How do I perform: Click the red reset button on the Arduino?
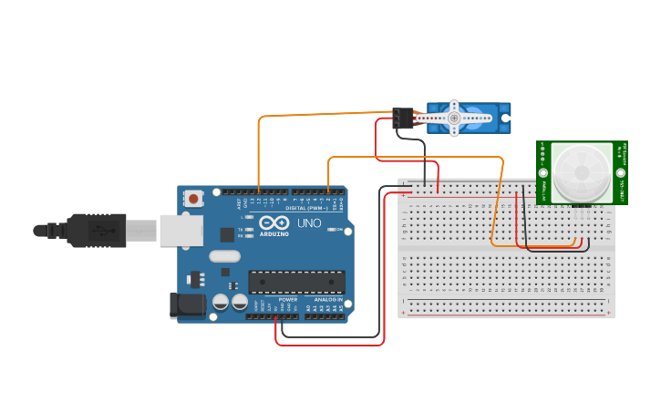tap(193, 198)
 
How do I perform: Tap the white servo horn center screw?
tap(454, 117)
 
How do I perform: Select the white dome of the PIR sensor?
tap(582, 172)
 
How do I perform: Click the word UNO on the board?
tap(310, 223)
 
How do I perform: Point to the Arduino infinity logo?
tap(274, 222)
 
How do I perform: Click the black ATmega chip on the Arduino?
tap(297, 283)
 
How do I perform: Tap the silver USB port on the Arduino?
tap(181, 230)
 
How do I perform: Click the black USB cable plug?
tap(96, 230)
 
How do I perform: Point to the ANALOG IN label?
tap(328, 299)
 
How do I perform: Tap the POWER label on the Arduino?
tap(287, 299)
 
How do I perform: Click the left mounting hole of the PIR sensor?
tap(543, 172)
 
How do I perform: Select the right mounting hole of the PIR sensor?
tap(621, 172)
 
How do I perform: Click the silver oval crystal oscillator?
tap(224, 256)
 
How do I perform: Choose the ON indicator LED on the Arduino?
tap(332, 230)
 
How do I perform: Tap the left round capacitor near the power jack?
tap(221, 302)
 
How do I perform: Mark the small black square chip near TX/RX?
tap(227, 234)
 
